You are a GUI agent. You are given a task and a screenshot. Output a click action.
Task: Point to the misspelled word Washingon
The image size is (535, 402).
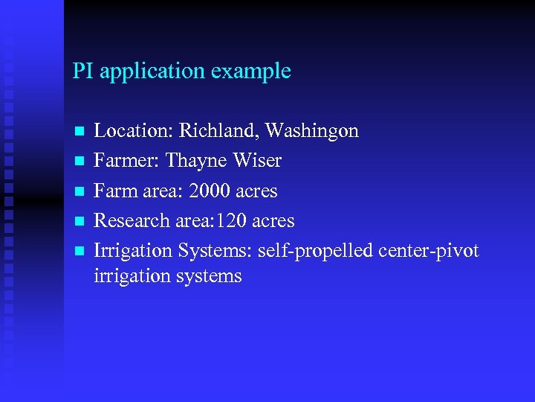click(312, 132)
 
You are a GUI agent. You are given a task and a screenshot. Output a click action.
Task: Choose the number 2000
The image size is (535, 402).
click(210, 191)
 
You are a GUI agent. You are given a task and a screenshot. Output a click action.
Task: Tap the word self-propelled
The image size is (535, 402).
click(315, 251)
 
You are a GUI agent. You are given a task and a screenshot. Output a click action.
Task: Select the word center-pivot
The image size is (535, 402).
click(429, 251)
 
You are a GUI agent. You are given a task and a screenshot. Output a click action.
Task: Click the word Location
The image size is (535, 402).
click(125, 132)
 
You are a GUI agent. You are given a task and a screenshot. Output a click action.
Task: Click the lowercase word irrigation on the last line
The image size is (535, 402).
click(131, 276)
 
